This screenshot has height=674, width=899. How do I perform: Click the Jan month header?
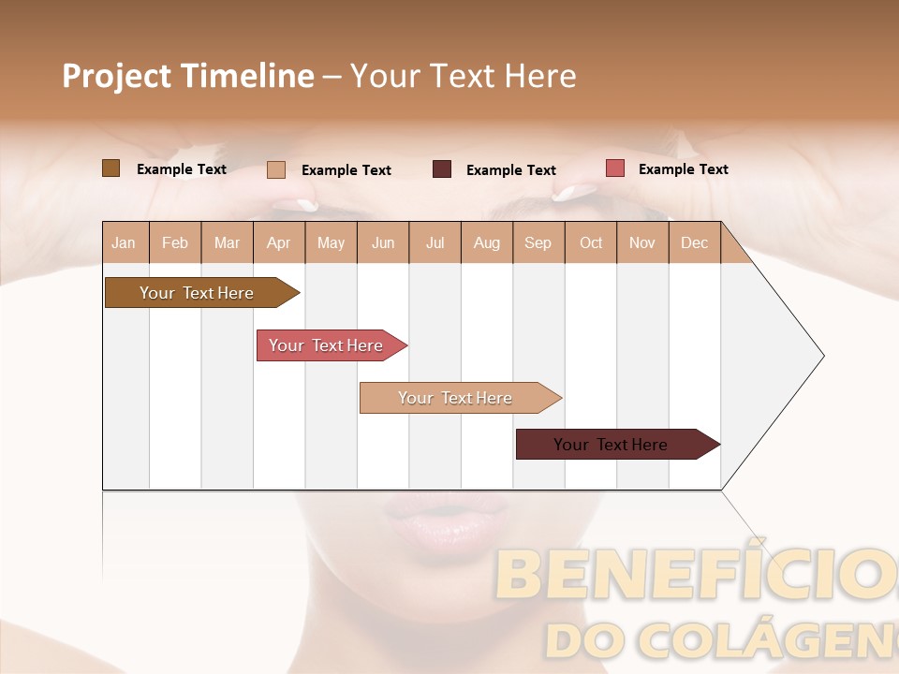124,242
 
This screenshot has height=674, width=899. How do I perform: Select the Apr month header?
278,242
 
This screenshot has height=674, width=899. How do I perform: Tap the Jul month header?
435,242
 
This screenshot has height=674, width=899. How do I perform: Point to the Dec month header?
694,242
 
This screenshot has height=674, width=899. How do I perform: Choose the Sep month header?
538,242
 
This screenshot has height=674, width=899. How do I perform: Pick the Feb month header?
175,242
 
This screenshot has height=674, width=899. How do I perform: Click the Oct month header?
591,242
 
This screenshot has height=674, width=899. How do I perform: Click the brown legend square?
111,168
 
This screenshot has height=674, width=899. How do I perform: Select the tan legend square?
276,169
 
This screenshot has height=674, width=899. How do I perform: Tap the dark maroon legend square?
442,169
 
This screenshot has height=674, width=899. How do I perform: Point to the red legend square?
615,168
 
